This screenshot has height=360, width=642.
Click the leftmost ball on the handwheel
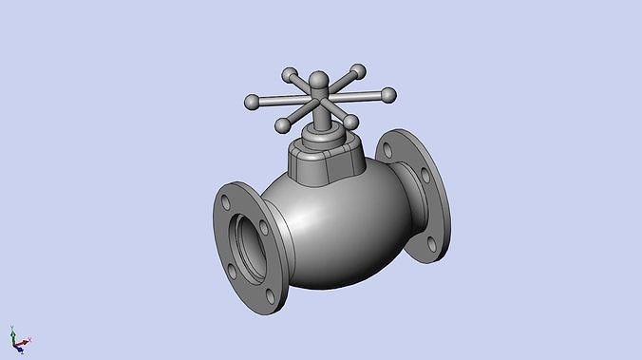[x=251, y=101]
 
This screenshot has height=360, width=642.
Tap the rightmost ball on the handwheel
[x=387, y=94]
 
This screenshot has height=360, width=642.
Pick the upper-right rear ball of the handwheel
[x=358, y=70]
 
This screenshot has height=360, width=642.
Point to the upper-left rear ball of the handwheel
[x=291, y=74]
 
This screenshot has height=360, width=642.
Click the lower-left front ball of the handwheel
[x=282, y=125]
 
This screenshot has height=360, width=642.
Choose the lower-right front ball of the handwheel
[x=349, y=123]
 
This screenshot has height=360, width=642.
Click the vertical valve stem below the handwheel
[x=323, y=119]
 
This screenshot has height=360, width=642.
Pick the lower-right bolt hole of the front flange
[x=272, y=296]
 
